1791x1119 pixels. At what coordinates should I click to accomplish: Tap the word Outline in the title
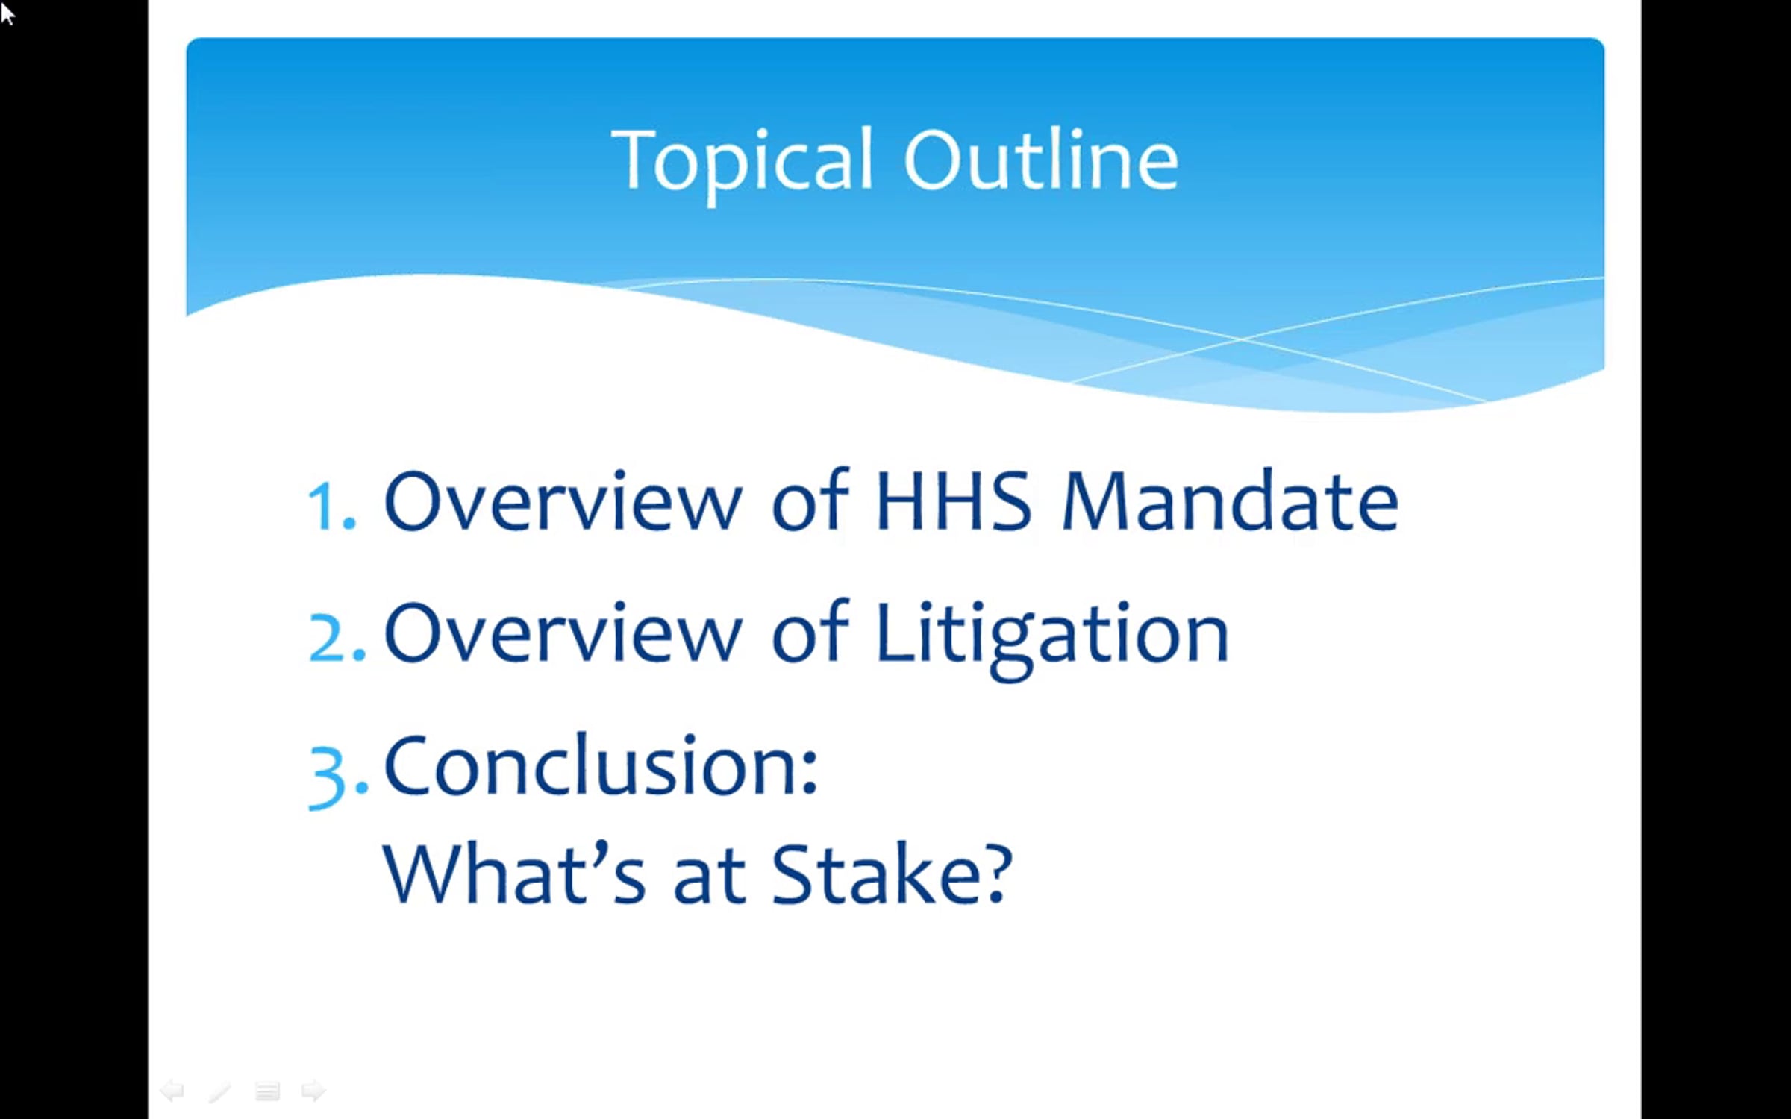coord(1041,158)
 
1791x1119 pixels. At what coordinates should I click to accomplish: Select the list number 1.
coord(331,505)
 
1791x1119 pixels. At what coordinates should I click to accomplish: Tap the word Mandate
coord(1230,501)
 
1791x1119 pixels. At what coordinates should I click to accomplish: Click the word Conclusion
coord(601,765)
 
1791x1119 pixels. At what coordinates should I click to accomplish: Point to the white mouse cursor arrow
coord(7,13)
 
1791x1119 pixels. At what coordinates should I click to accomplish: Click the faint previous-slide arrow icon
coord(172,1091)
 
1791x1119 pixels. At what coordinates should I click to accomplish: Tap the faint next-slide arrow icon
coord(313,1091)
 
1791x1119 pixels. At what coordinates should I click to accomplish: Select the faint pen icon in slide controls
coord(220,1091)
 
